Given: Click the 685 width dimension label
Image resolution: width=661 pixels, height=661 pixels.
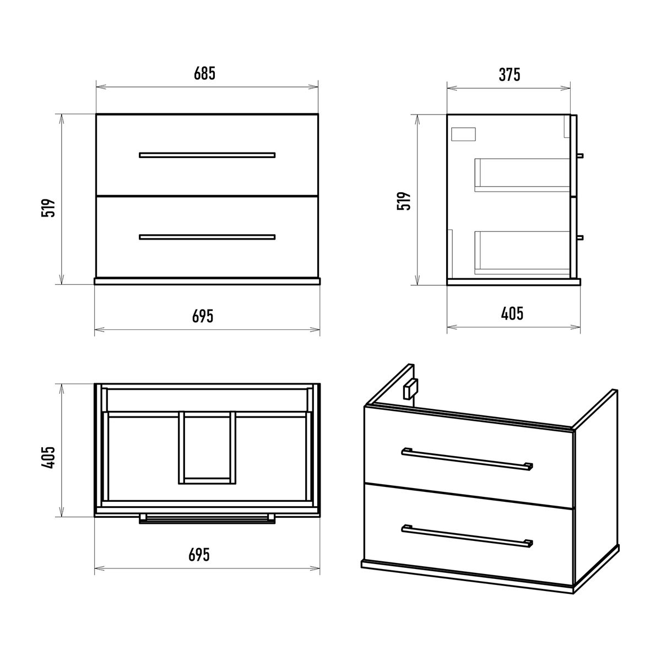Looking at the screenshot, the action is pos(204,73).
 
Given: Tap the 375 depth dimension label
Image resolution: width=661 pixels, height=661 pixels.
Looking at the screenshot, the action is pos(510,75).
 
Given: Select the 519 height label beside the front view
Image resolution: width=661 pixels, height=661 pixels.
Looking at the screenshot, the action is pos(48,208).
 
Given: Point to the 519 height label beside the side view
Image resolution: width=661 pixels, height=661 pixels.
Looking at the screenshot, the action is pos(404,201).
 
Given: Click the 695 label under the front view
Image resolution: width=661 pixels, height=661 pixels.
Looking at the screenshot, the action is pos(203,316).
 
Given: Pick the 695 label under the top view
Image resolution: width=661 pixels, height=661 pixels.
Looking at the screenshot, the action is pos(199,555).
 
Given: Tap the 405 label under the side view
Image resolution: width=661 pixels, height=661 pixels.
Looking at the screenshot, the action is pos(512,313).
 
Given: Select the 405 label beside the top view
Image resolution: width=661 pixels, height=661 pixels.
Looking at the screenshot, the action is pos(48,458).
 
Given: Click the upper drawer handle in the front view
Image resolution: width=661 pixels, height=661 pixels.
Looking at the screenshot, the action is pos(207,155).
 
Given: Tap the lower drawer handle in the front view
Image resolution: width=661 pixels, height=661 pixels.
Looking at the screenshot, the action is pos(207,237).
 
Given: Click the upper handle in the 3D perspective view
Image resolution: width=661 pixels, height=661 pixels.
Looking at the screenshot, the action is pos(467,459).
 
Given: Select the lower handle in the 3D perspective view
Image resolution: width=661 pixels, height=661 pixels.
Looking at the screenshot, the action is pos(467,536).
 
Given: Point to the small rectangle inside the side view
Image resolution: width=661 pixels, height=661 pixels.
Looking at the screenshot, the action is pos(463,134).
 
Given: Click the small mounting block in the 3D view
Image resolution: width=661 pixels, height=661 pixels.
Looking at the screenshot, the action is pos(410,389).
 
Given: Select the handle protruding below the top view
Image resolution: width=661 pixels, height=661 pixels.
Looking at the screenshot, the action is pos(207,519).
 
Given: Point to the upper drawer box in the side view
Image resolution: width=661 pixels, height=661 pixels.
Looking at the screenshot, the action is pos(522,175).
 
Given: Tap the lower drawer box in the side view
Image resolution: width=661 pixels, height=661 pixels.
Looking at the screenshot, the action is pos(522,253).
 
